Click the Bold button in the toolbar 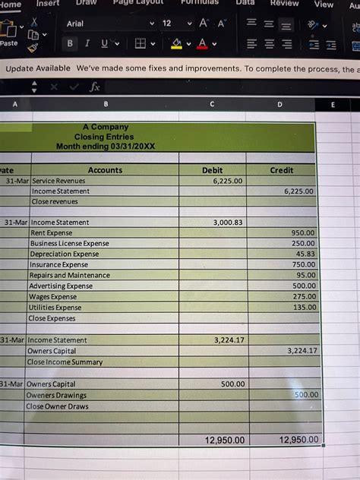pos(71,43)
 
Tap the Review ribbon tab pos(284,3)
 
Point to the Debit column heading pos(213,171)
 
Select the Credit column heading pos(282,171)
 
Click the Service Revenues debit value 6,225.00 pos(228,182)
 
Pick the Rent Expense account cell pos(52,233)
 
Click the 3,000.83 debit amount pos(228,223)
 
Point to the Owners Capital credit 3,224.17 pos(302,352)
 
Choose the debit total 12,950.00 pos(225,441)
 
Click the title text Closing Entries pos(105,136)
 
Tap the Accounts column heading pos(105,171)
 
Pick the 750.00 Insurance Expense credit pos(304,265)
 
